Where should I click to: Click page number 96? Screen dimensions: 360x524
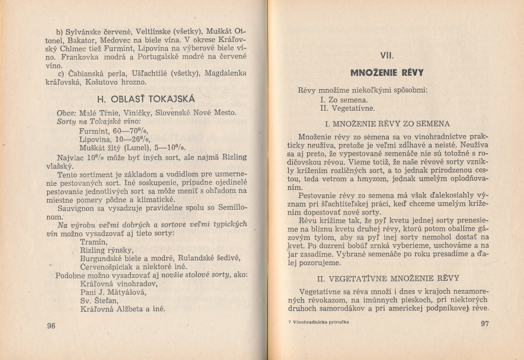coord(51,326)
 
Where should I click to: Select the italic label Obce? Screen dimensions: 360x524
coord(67,112)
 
